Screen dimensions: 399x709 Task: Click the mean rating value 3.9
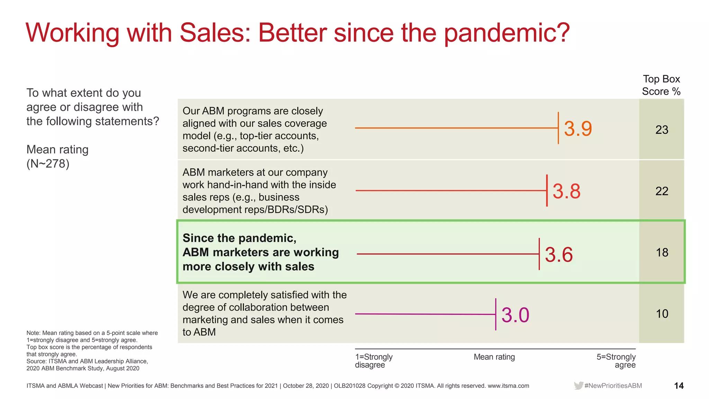pos(578,128)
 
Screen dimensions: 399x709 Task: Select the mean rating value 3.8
pos(566,191)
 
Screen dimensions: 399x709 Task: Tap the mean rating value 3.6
pos(559,255)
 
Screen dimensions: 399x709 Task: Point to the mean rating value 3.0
pos(515,315)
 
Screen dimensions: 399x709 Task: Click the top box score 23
pos(662,130)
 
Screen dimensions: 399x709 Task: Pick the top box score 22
pos(662,191)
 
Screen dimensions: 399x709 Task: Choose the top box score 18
pos(662,252)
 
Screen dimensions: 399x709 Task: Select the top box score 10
pos(662,314)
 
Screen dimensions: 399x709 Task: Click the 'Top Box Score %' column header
pos(661,85)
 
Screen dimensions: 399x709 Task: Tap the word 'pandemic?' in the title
pos(507,33)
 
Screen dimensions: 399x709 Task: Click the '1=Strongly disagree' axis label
pos(374,361)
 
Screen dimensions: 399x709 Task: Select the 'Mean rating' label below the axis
pos(494,357)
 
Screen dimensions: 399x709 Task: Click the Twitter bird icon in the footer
pos(578,385)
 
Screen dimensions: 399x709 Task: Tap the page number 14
pos(679,385)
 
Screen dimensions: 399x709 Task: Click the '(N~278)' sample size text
pos(48,163)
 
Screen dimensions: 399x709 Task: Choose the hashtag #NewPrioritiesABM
pos(613,385)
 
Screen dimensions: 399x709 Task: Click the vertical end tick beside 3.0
pos(496,314)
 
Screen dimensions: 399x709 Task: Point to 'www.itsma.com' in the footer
pos(508,386)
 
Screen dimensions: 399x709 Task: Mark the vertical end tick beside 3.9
pos(558,128)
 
